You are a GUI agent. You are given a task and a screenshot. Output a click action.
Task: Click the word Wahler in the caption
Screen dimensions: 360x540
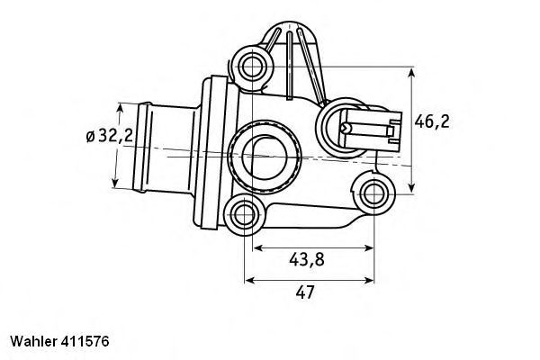pos(32,343)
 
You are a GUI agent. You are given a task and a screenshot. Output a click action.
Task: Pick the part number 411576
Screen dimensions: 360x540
pos(86,343)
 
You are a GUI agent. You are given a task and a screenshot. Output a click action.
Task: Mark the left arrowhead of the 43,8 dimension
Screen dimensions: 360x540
pos(256,246)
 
